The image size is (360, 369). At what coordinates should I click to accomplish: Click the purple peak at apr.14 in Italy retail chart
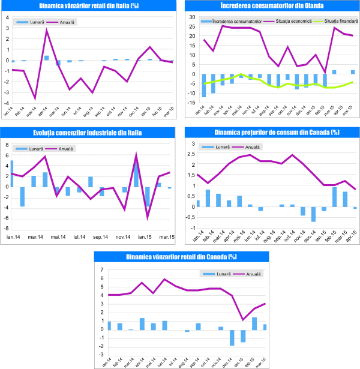[47, 29]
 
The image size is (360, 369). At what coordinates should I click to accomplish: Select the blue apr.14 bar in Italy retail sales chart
[47, 58]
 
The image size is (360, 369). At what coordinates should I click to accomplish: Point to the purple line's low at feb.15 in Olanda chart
[325, 72]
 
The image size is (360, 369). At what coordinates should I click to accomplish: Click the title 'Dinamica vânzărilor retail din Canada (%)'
[180, 257]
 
